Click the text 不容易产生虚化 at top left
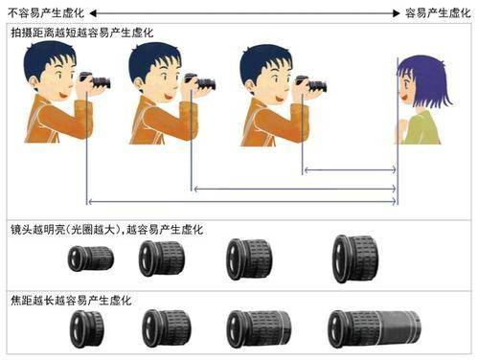[x=46, y=13]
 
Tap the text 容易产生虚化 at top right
[x=438, y=13]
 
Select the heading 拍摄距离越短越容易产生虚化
[x=82, y=33]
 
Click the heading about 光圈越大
[x=106, y=230]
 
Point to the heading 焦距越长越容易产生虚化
[x=71, y=301]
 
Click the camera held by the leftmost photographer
[x=95, y=80]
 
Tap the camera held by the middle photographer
[x=200, y=81]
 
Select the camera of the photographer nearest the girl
[x=311, y=84]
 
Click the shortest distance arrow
[x=350, y=169]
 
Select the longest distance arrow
[x=242, y=201]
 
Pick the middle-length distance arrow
[x=295, y=189]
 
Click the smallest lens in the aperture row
[x=91, y=259]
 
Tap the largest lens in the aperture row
[x=355, y=259]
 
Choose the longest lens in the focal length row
[x=375, y=328]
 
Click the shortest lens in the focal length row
[x=87, y=329]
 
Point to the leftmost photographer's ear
[x=34, y=80]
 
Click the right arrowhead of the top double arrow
[x=396, y=13]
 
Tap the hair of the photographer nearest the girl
[x=265, y=59]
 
